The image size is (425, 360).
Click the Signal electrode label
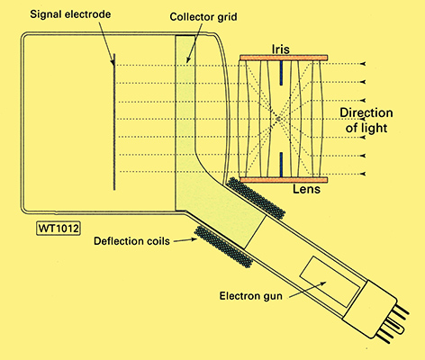[x=70, y=14]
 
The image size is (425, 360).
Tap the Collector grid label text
[x=203, y=17]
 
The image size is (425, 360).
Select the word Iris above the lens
[x=281, y=49]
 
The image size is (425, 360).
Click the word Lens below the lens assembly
[x=306, y=189]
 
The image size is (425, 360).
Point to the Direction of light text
[x=366, y=121]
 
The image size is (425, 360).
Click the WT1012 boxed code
[x=59, y=229]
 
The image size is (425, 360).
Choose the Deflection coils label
[x=131, y=241]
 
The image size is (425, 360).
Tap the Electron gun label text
[x=251, y=296]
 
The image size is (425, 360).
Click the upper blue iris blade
[x=281, y=73]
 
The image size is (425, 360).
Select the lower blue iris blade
[x=281, y=164]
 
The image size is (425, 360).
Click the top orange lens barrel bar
[x=284, y=58]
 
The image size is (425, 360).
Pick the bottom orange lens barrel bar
[x=284, y=180]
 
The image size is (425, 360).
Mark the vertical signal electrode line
[x=114, y=121]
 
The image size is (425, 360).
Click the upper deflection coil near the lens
[x=256, y=197]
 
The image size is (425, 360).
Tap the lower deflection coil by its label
[x=223, y=247]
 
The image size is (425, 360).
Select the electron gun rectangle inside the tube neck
[x=330, y=282]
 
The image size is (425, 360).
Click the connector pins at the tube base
[x=395, y=323]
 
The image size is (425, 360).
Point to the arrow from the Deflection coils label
[x=185, y=239]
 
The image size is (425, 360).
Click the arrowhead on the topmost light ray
[x=364, y=64]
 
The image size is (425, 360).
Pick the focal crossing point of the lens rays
[x=278, y=119]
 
